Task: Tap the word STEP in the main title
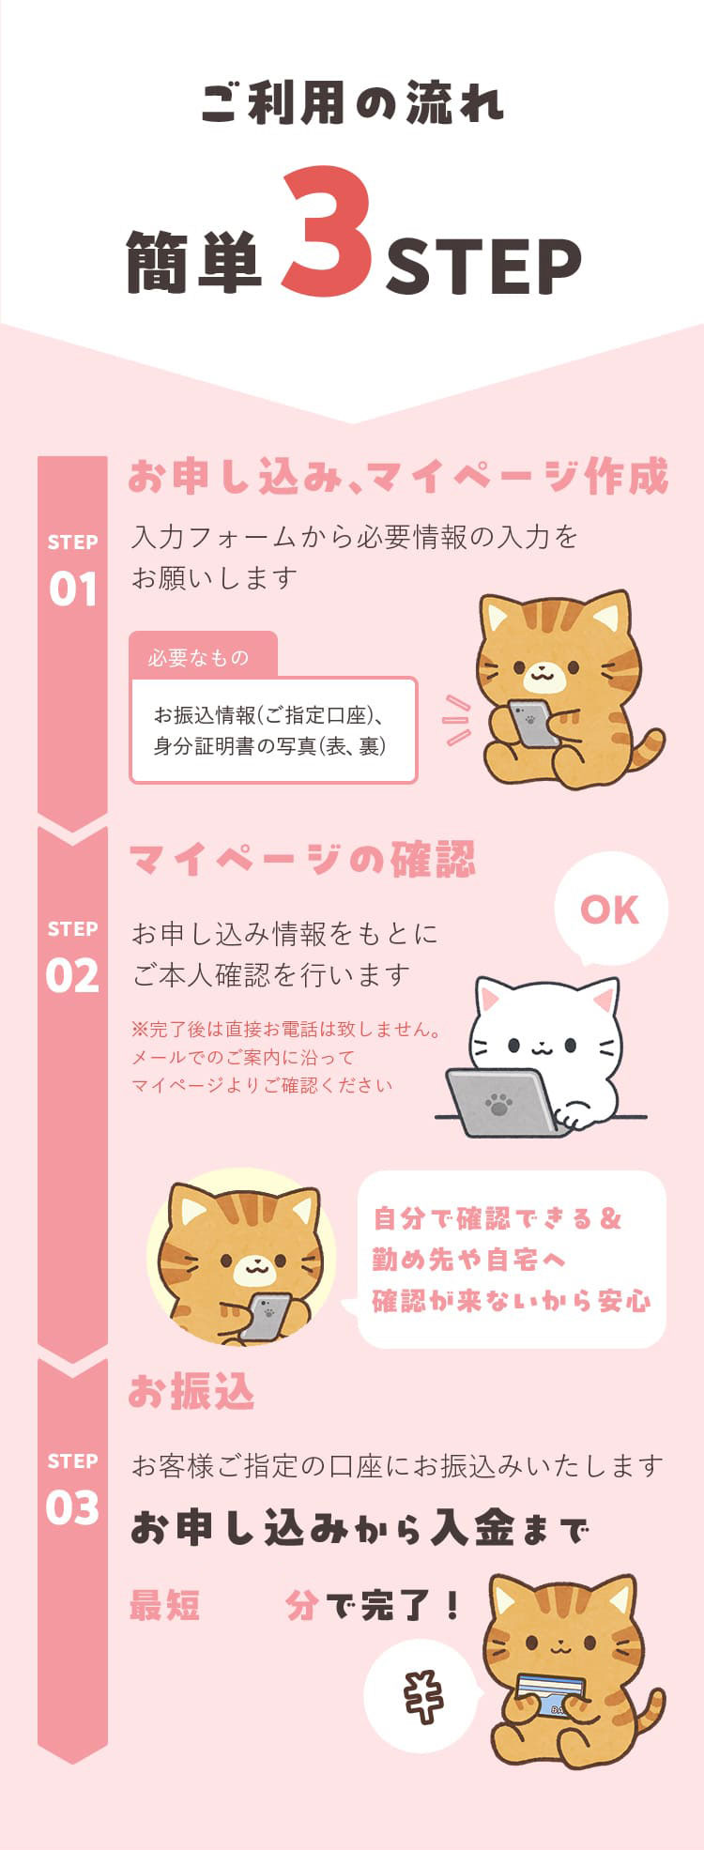click(x=483, y=267)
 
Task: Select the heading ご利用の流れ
click(x=352, y=103)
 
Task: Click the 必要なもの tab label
click(x=198, y=658)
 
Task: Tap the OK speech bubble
click(x=610, y=909)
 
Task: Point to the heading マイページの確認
click(x=302, y=860)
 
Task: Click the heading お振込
click(x=191, y=1392)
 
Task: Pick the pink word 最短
click(x=164, y=1606)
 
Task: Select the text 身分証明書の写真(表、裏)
click(x=270, y=746)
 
